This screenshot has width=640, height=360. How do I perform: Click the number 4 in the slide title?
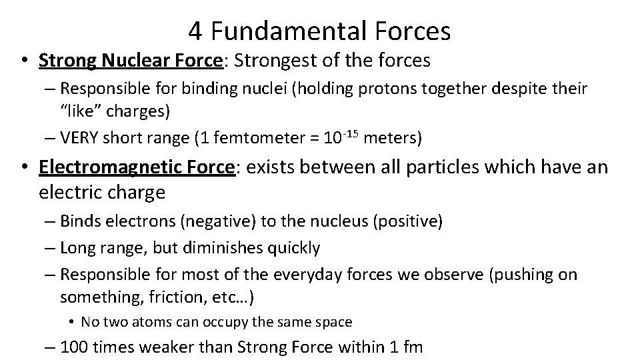tap(195, 30)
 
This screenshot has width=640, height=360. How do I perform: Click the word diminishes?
tap(229, 248)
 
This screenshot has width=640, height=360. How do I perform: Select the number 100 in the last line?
tap(75, 348)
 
